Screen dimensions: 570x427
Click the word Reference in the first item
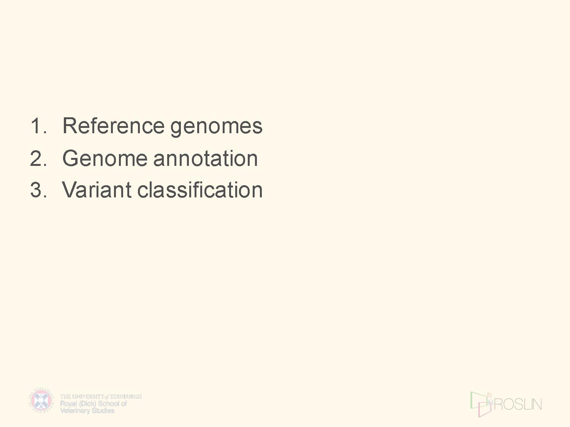tap(114, 126)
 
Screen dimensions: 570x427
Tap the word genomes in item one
tap(216, 128)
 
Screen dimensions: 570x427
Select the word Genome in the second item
tap(105, 158)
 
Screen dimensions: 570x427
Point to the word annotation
tap(206, 158)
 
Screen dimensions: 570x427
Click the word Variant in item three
tap(97, 189)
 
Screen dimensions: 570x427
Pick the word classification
tap(200, 189)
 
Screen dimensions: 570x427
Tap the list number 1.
tap(38, 126)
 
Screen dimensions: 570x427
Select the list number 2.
tap(38, 158)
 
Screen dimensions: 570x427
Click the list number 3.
tap(38, 190)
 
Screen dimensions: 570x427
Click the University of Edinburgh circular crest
tap(41, 400)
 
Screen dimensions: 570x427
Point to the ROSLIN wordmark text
tap(518, 404)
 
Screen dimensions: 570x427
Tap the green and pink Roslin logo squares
tap(481, 404)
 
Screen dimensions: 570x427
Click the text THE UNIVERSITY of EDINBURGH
tap(101, 397)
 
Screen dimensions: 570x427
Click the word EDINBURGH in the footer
tap(126, 397)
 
